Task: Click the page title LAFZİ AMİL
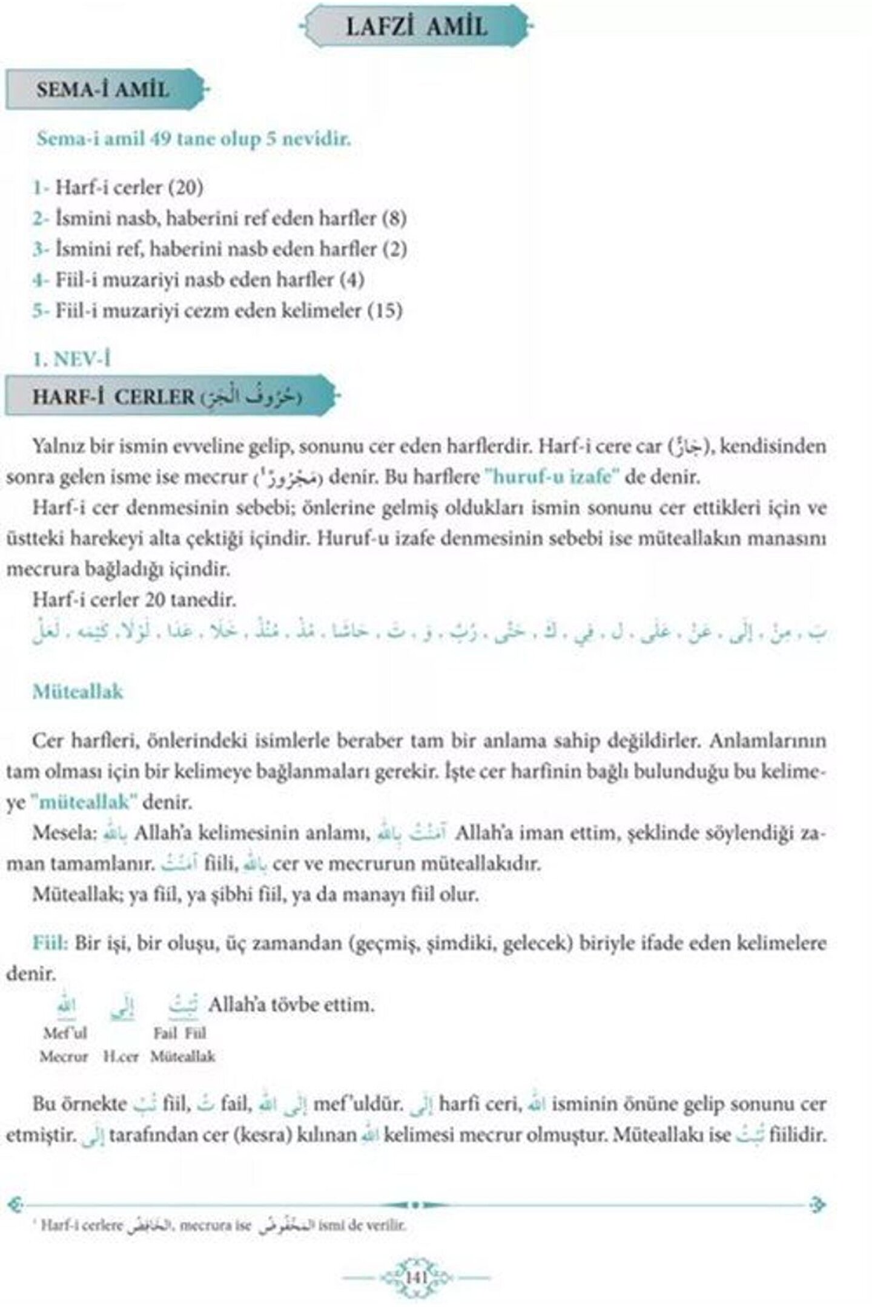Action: coord(416,27)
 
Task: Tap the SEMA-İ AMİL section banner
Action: coord(102,90)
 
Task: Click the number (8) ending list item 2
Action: coord(394,218)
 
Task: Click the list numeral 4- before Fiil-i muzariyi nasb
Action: coord(41,280)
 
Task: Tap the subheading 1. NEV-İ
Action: coord(72,360)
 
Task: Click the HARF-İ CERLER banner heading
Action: coord(114,397)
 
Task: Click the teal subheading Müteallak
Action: coord(78,691)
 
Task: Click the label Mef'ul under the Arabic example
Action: coord(65,1033)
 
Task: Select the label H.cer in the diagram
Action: coord(121,1057)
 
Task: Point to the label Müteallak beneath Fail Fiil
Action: coord(183,1057)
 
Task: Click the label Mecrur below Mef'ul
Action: coord(64,1057)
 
